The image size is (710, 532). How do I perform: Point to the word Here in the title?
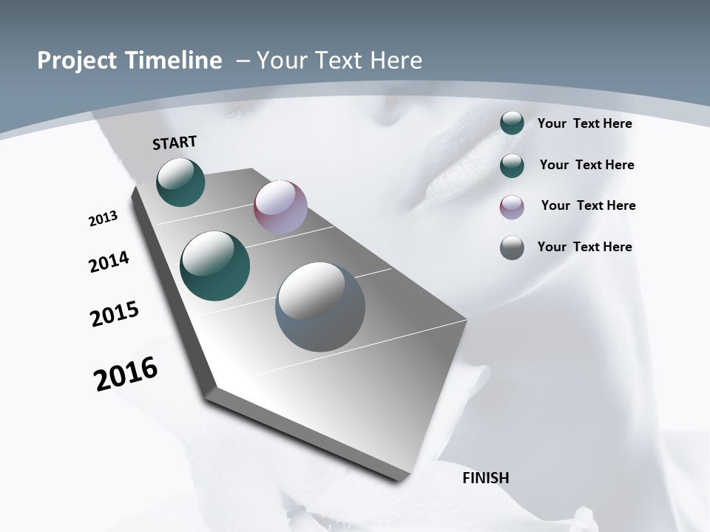396,61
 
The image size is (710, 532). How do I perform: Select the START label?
175,142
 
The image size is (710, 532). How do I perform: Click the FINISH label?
486,478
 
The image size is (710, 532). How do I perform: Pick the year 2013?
104,219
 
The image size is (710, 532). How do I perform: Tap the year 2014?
109,262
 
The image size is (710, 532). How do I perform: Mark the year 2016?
126,374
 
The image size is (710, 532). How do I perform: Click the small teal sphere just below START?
180,182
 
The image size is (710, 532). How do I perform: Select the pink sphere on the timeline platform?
280,207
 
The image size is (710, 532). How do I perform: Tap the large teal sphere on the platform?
215,266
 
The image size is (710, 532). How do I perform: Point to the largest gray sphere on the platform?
320,307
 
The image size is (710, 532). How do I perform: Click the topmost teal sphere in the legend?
512,123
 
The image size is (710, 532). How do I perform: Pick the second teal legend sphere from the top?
512,166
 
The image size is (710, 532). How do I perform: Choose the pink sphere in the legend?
512,207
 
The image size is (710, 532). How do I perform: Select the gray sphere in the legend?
512,248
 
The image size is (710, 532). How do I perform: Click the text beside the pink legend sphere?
588,205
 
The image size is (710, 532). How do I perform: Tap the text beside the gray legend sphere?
584,247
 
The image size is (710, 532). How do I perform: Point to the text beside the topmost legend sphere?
584,123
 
